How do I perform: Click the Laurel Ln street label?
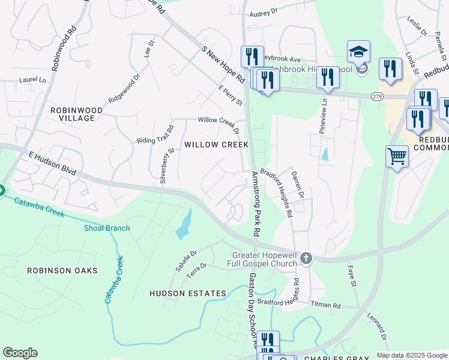pyautogui.click(x=32, y=79)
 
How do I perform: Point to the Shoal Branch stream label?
pyautogui.click(x=107, y=228)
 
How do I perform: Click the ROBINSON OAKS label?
pyautogui.click(x=62, y=271)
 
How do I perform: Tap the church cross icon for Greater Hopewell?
pyautogui.click(x=306, y=258)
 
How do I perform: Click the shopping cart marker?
pyautogui.click(x=397, y=157)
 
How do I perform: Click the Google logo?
pyautogui.click(x=20, y=353)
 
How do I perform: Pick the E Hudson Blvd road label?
pyautogui.click(x=52, y=163)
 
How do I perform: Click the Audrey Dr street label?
pyautogui.click(x=264, y=12)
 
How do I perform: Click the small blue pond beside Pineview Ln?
pyautogui.click(x=325, y=154)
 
